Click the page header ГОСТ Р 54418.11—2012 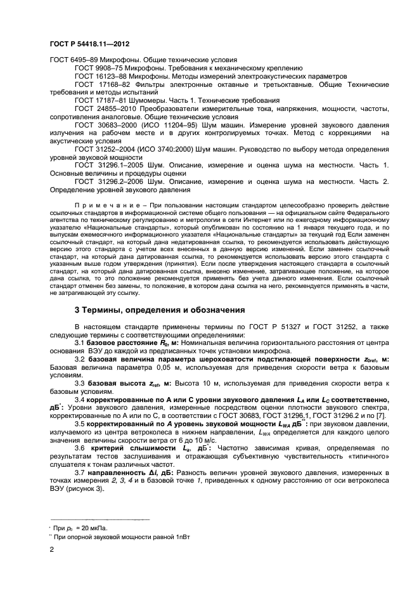pos(89,44)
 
